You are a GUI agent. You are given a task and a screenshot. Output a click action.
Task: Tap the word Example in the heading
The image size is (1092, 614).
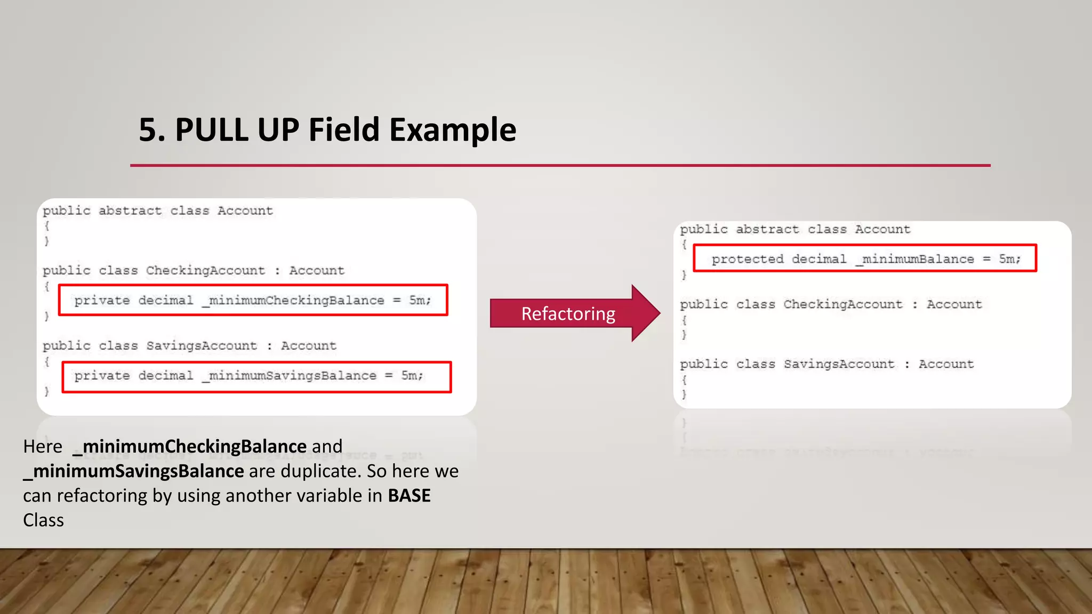tap(453, 130)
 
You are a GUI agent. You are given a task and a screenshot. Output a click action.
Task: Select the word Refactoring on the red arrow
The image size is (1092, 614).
tap(568, 314)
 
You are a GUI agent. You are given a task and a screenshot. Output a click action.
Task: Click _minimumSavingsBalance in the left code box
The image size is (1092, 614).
tap(289, 376)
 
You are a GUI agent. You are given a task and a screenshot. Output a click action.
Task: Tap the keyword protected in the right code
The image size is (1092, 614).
tap(748, 259)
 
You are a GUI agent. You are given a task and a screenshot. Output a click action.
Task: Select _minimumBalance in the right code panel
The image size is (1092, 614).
tap(914, 259)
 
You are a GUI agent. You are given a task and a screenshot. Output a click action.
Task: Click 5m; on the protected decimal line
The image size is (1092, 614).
tap(1009, 259)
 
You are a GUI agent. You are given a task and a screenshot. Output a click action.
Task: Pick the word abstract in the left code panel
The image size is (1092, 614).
tap(130, 211)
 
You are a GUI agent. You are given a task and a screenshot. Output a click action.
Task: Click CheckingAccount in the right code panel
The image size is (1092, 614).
tap(843, 304)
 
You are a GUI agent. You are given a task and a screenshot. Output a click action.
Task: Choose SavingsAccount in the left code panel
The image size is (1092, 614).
tap(202, 346)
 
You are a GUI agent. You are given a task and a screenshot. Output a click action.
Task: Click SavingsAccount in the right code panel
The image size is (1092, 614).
tap(839, 364)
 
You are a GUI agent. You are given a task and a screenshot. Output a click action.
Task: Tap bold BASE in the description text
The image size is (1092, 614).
tap(409, 496)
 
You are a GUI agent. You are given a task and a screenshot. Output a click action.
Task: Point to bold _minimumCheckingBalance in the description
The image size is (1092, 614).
tap(189, 446)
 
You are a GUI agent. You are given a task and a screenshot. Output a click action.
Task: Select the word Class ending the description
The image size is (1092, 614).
tap(43, 520)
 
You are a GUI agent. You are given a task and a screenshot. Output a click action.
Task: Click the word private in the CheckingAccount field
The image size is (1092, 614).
tap(102, 301)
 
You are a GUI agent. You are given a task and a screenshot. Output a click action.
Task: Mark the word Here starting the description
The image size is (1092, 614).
tap(43, 446)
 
